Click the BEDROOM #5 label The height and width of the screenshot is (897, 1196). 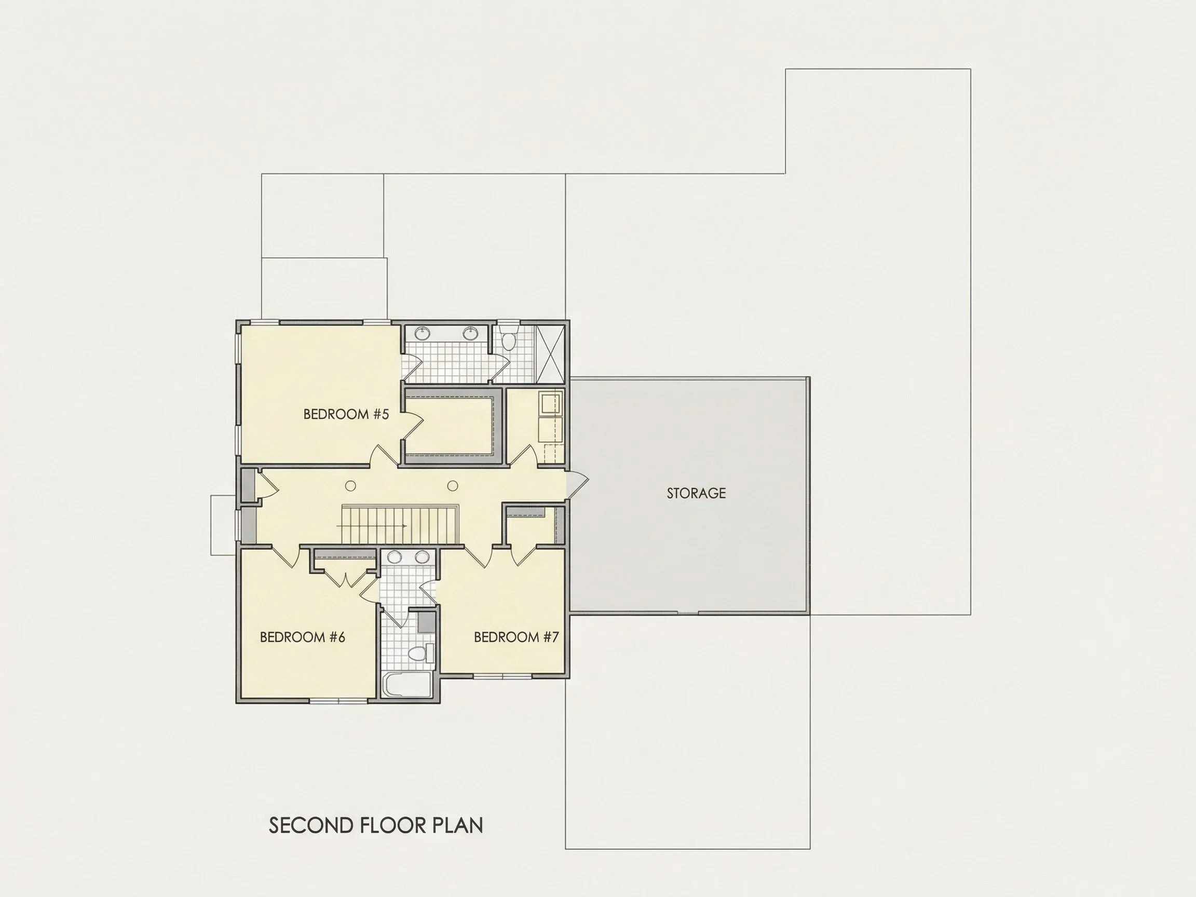point(346,414)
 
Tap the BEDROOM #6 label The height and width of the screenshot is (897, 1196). point(302,637)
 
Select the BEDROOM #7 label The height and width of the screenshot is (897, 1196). point(517,637)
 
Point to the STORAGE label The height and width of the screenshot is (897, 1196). point(696,493)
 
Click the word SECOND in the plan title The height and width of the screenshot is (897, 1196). point(311,826)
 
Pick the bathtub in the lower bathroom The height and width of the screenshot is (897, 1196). point(406,685)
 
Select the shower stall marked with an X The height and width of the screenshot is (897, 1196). point(549,354)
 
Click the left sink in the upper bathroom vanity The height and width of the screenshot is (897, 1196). point(421,332)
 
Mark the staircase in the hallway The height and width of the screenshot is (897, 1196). point(400,525)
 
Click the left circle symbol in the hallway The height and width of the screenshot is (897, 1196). point(350,486)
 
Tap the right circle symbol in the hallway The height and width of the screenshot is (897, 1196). point(453,486)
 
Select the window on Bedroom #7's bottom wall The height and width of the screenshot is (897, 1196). point(503,676)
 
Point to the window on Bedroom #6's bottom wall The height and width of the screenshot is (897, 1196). point(338,701)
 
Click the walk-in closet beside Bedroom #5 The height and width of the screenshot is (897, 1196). point(450,425)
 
